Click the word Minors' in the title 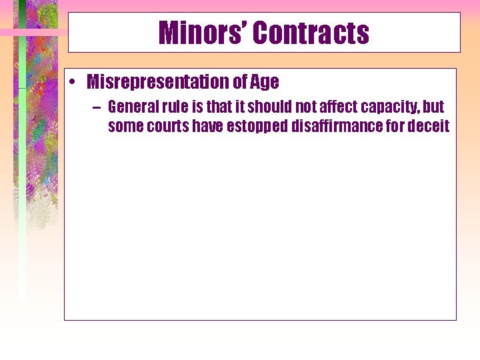tap(201, 33)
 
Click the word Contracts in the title tap(311, 33)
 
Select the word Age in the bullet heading tap(265, 83)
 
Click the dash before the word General tap(98, 107)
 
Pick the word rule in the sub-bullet tap(173, 107)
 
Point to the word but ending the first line tap(433, 107)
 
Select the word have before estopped tap(208, 127)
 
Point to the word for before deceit tap(400, 127)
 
